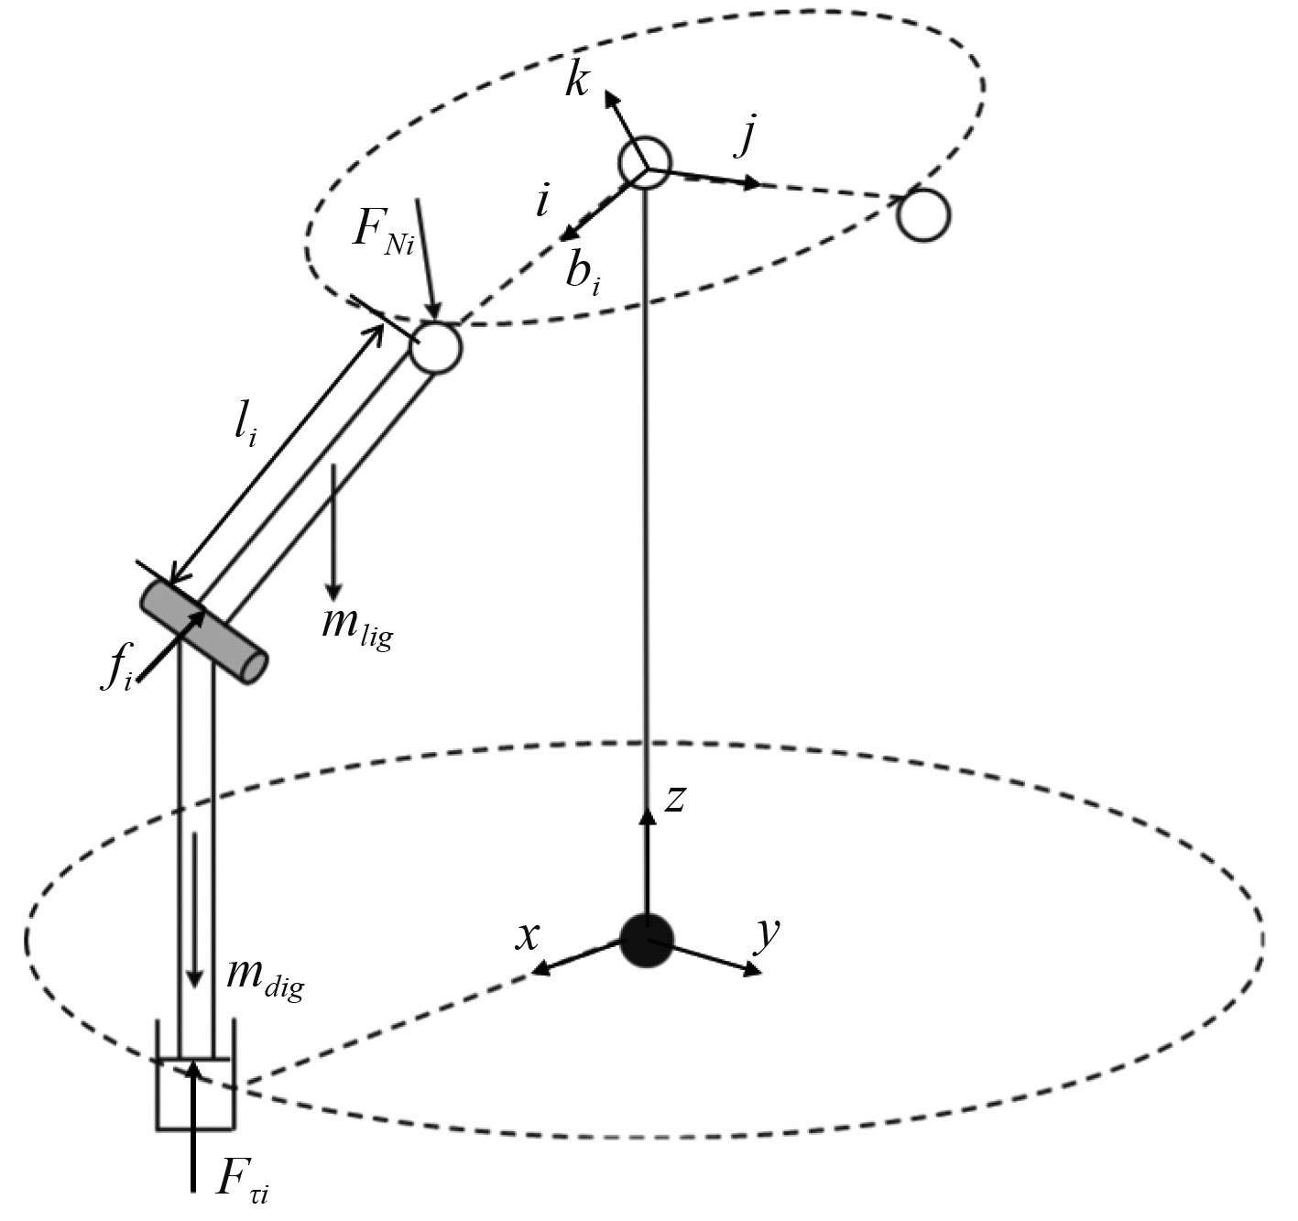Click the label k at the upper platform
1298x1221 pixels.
[577, 80]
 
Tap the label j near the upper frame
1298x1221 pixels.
[747, 136]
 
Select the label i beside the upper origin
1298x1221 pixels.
[543, 202]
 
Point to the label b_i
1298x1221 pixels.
[583, 270]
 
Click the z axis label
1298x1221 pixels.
[675, 798]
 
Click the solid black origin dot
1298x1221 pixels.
[647, 940]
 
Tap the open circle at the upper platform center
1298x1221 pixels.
[645, 163]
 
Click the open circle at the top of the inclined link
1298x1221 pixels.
[435, 347]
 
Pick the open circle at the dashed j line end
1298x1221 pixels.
[922, 215]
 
